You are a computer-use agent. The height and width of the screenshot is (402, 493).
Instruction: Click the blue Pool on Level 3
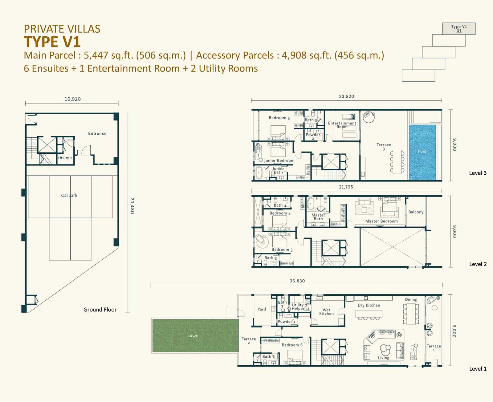(422, 152)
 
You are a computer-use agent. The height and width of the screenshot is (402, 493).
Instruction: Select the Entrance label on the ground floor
(97, 133)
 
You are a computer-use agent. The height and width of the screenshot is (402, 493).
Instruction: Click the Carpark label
(69, 195)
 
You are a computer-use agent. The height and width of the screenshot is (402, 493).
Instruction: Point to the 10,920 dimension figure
(73, 99)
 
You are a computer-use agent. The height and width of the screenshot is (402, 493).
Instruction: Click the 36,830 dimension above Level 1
(297, 281)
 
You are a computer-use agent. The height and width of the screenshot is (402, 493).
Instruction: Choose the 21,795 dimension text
(346, 187)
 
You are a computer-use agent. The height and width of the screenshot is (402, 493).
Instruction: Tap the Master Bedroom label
(381, 221)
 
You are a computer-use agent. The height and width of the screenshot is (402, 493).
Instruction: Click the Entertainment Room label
(342, 125)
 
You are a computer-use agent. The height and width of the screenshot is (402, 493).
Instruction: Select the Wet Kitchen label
(326, 312)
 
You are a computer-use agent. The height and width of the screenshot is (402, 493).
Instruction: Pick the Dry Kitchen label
(369, 305)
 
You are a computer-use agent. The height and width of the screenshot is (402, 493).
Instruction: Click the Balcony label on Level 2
(416, 212)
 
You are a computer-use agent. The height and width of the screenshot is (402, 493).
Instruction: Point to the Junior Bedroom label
(279, 160)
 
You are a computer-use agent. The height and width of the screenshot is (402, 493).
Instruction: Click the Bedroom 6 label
(292, 345)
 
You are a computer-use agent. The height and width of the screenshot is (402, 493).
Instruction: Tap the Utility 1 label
(65, 158)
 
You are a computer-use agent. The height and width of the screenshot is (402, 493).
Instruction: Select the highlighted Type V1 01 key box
(458, 29)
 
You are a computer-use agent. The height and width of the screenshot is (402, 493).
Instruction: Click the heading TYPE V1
(52, 42)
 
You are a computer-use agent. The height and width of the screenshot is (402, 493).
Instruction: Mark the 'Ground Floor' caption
(100, 310)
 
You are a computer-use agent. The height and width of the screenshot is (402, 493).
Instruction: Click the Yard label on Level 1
(262, 309)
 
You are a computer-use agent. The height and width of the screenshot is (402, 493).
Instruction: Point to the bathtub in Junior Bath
(259, 173)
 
